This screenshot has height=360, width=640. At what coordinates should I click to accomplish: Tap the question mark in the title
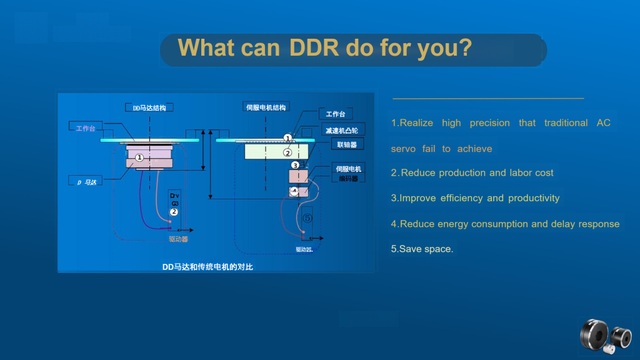coord(464,47)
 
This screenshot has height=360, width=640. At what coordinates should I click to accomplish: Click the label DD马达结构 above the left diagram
coord(149,107)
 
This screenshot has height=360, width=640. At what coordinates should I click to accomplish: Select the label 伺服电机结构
coord(266,107)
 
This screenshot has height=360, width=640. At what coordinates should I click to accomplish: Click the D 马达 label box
coord(86,182)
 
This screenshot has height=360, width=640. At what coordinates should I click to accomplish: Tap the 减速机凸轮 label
coord(341,130)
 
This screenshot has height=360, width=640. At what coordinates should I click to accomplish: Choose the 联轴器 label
coord(346,144)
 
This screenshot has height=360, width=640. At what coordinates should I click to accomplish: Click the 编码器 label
coord(348,179)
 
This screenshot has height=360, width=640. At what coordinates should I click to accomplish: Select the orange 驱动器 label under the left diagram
coord(178,239)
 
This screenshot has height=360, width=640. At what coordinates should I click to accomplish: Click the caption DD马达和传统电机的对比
coord(207,267)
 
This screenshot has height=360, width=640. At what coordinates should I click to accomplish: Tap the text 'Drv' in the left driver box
coord(174,196)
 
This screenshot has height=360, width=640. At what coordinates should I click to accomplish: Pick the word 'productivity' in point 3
coord(534,198)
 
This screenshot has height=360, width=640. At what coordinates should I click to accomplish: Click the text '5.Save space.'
coord(422,249)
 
